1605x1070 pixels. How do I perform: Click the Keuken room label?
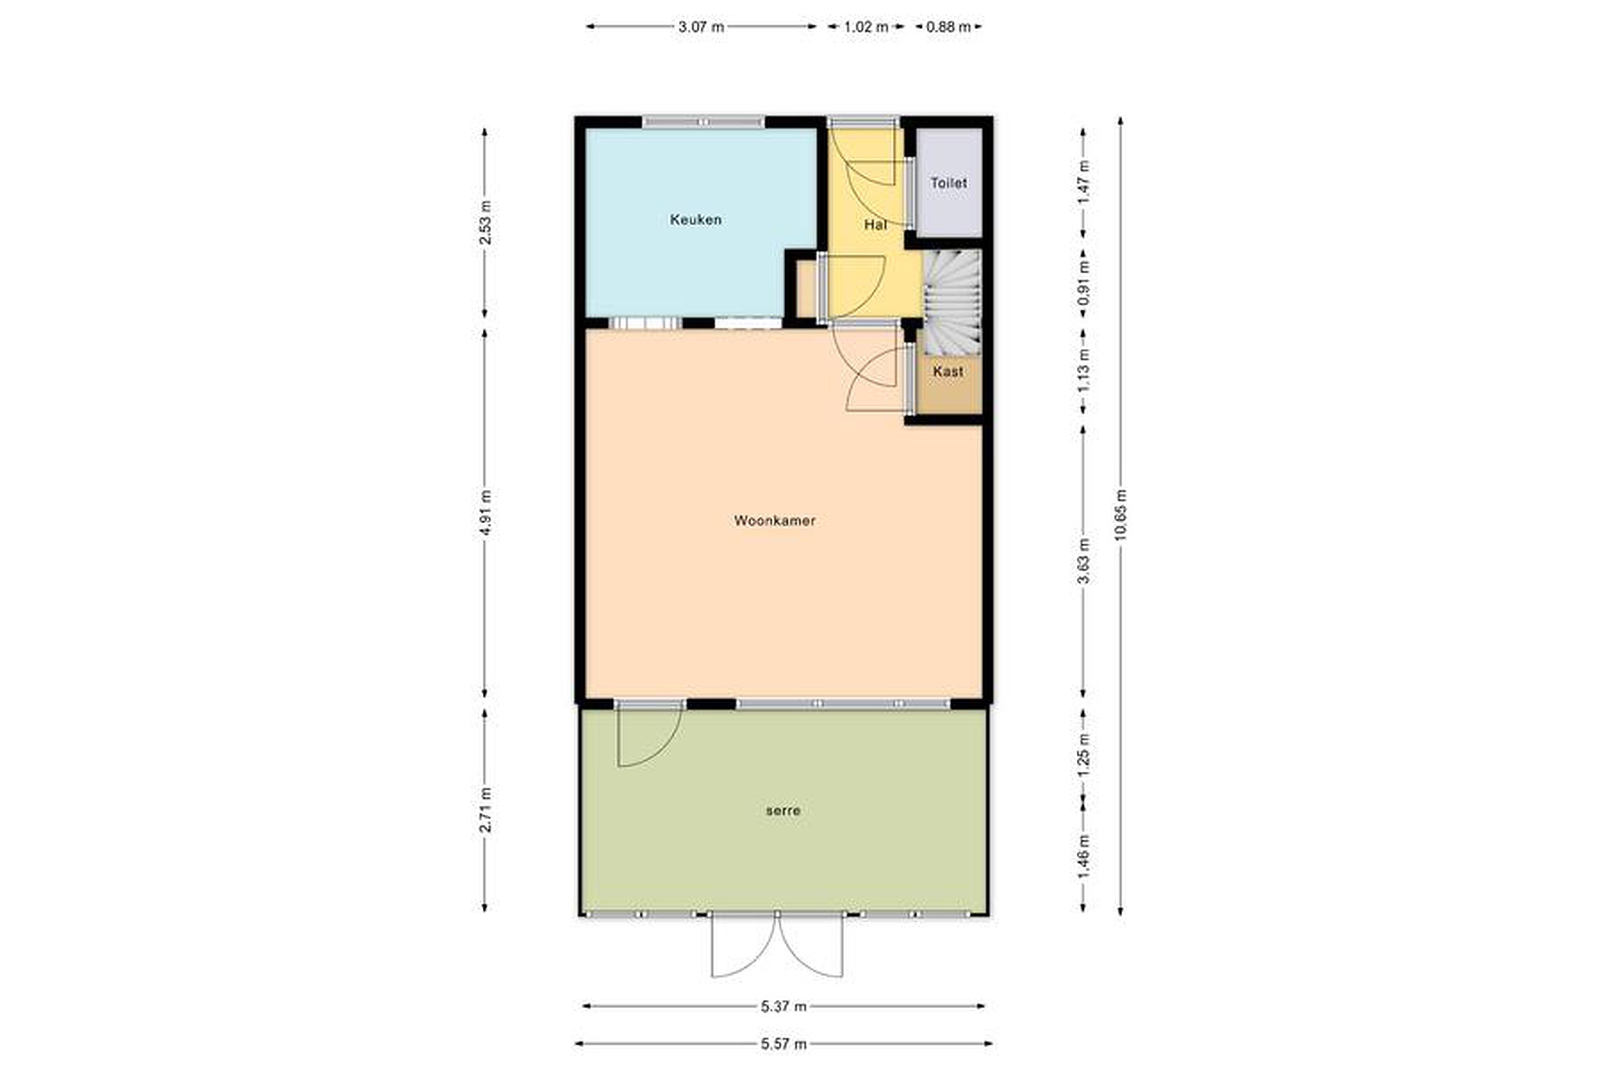(695, 220)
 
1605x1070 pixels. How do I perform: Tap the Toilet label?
(949, 183)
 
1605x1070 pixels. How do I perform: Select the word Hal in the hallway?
(875, 225)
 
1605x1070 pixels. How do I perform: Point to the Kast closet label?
(948, 371)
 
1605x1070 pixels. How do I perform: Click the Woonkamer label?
(775, 521)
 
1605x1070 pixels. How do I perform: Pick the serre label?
(782, 811)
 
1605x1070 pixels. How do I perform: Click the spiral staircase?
(952, 301)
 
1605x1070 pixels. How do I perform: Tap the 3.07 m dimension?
(701, 27)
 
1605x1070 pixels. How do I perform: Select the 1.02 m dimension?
(866, 27)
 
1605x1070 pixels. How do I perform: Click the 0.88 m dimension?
(949, 27)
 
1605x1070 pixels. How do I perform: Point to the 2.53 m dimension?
(485, 222)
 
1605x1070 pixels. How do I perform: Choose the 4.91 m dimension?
(485, 513)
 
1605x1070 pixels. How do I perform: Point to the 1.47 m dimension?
(1083, 182)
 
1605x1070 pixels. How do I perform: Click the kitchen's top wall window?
(703, 123)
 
